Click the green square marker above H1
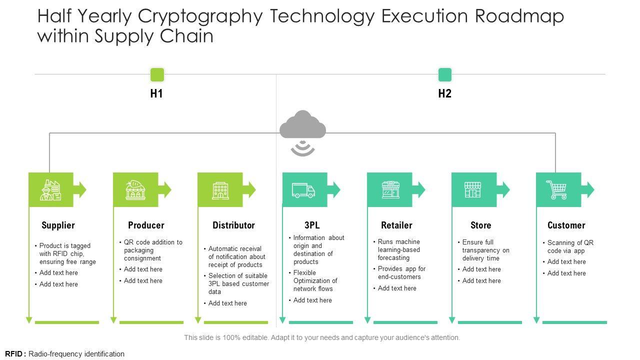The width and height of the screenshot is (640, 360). (x=157, y=75)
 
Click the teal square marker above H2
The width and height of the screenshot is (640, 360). (x=444, y=75)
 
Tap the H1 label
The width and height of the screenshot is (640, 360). (x=156, y=93)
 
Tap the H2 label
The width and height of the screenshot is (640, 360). (x=444, y=93)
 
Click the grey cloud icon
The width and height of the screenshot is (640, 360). (x=302, y=125)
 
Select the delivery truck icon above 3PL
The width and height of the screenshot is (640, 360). (x=303, y=190)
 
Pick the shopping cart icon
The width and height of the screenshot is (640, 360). (x=556, y=190)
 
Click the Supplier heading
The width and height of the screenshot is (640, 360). (x=58, y=225)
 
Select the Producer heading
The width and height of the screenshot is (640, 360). (x=146, y=225)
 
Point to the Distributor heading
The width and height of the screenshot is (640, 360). (x=233, y=225)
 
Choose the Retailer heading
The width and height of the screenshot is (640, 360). (x=396, y=225)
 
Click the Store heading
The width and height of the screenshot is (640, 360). (x=480, y=225)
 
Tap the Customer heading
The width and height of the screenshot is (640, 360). (x=566, y=225)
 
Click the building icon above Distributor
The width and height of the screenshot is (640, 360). (x=220, y=190)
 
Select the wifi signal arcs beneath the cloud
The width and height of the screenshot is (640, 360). (x=302, y=148)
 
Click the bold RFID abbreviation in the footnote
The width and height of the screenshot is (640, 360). (x=14, y=354)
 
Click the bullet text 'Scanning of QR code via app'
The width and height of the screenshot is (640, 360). (x=570, y=246)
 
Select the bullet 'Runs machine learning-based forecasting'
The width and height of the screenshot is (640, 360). (x=398, y=249)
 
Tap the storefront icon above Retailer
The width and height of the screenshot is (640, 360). (x=390, y=190)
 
